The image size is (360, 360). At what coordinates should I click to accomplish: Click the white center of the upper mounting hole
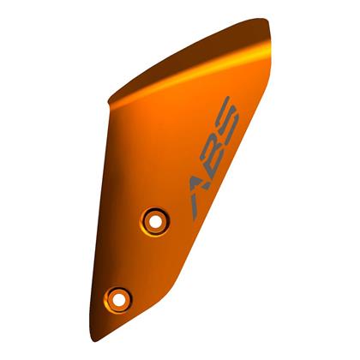[155, 221]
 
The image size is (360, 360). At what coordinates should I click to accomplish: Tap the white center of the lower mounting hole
[117, 299]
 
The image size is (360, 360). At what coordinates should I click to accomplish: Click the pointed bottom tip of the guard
[92, 341]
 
